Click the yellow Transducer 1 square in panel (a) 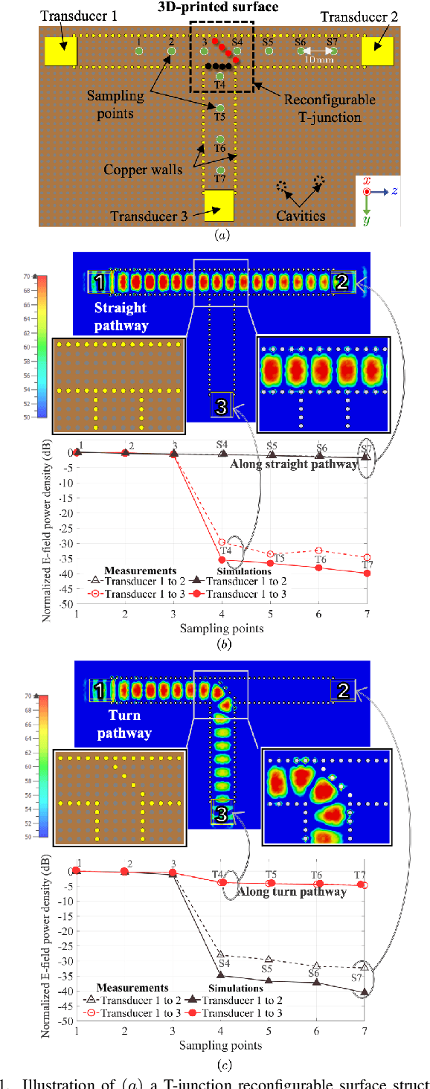tap(60, 51)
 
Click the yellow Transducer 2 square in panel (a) tap(377, 51)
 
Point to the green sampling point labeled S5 tap(269, 51)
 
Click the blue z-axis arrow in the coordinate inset tap(380, 192)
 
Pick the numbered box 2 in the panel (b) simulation tap(342, 281)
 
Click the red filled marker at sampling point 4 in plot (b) tap(222, 559)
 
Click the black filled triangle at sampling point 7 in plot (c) tap(364, 992)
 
